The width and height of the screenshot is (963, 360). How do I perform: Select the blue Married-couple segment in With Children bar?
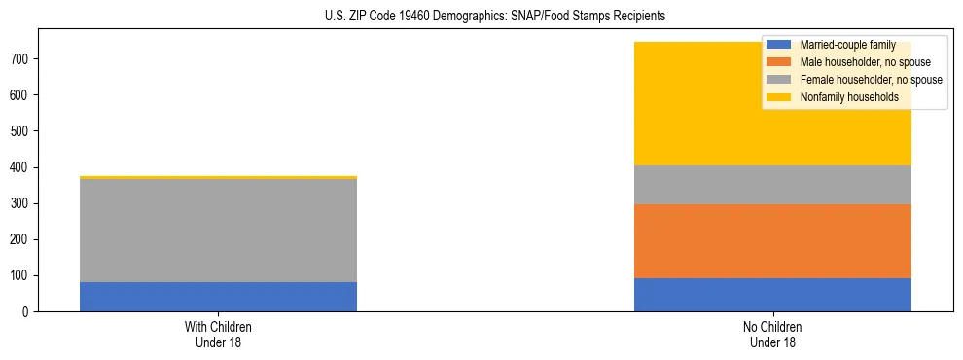(x=218, y=297)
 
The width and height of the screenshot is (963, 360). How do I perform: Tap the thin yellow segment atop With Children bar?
(x=218, y=177)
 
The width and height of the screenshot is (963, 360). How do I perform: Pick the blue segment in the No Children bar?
(x=772, y=295)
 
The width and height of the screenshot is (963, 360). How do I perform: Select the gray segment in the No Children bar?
(x=772, y=185)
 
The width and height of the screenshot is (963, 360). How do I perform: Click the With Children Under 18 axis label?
(x=218, y=334)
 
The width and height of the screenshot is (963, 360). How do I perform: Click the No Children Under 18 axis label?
(x=772, y=334)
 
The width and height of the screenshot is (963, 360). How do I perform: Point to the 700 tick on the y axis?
(x=24, y=59)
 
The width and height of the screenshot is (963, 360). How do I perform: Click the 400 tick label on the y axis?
(x=24, y=167)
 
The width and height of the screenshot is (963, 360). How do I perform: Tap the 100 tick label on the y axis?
(x=24, y=276)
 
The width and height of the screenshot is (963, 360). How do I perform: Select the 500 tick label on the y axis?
(x=24, y=131)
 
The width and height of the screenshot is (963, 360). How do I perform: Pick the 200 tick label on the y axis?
(x=24, y=240)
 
